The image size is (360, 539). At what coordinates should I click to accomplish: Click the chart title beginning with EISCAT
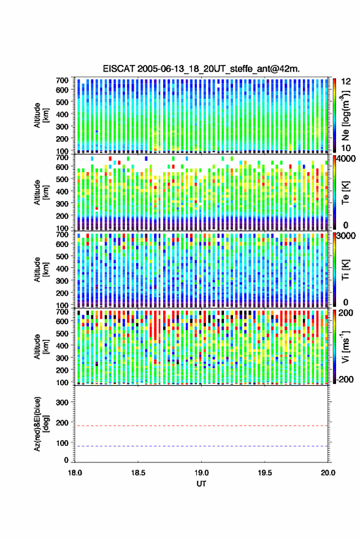coord(201,69)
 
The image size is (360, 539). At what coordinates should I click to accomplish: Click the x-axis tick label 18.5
coord(138,473)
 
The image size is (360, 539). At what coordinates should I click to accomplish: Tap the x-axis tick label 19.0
coord(201,473)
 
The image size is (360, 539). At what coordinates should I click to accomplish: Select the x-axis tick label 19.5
coord(264,473)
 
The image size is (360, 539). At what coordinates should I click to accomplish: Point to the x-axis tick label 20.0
coord(327,473)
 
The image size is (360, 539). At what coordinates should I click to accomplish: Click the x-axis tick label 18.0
coord(75,473)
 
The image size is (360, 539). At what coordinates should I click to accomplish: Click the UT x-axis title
coord(201,484)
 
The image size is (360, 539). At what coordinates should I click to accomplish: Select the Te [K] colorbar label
coord(345,193)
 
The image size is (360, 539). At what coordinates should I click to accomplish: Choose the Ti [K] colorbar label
coord(345,270)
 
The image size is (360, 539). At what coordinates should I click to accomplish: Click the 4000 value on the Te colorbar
coord(346,159)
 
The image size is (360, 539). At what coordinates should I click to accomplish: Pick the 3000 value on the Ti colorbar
coord(346,236)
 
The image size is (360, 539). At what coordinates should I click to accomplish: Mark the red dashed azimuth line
coord(201,426)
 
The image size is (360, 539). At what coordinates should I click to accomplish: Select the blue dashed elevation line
coord(201,446)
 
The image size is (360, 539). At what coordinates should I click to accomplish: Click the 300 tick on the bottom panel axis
coord(62,402)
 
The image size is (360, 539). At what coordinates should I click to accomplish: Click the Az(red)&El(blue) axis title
coord(42,424)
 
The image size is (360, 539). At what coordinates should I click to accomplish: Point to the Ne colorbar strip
coord(334,115)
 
